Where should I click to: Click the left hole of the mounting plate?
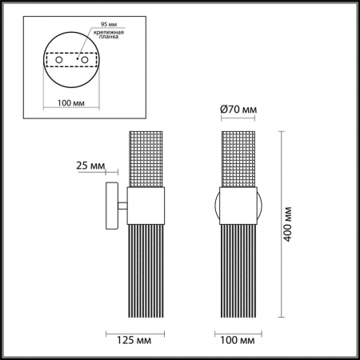pos(56,61)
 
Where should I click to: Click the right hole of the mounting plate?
pos(80,61)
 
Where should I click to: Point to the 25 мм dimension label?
pos(90,166)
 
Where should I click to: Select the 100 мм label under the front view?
pos(239,338)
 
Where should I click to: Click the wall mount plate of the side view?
pos(113,206)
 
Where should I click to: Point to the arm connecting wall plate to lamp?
pos(122,207)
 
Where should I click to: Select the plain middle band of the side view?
pos(146,207)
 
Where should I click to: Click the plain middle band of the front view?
pos(239,207)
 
